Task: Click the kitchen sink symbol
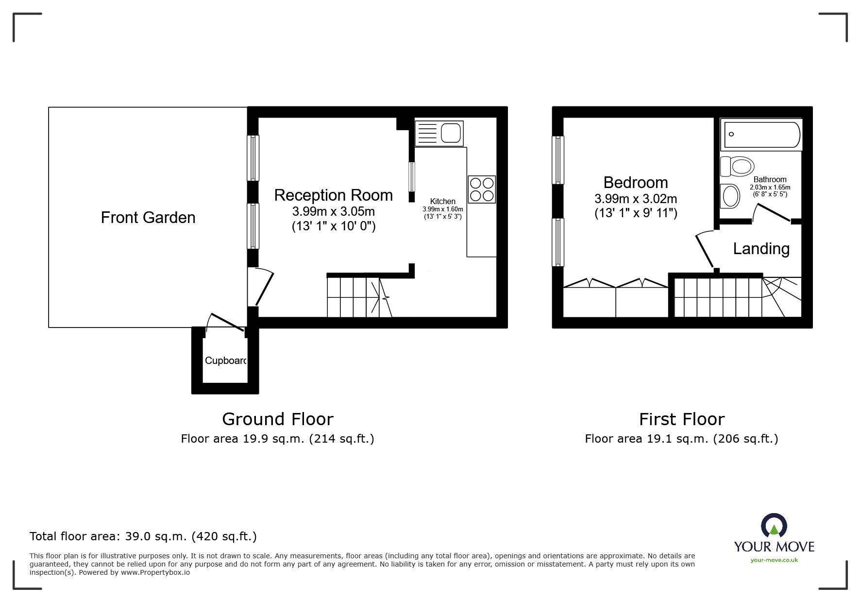(x=439, y=133)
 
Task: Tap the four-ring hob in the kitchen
(x=482, y=189)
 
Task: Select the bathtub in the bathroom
(x=761, y=135)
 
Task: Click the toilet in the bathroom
(x=737, y=167)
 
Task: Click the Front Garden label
(x=148, y=217)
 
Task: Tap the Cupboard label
(x=226, y=361)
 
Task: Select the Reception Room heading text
(x=333, y=195)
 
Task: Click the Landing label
(x=761, y=249)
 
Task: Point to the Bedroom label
(x=636, y=183)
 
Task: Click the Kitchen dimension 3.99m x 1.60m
(x=443, y=209)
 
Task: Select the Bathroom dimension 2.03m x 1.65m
(x=770, y=187)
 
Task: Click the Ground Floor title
(x=277, y=419)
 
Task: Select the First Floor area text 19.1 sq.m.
(x=681, y=439)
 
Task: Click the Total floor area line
(x=143, y=536)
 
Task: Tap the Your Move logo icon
(x=774, y=525)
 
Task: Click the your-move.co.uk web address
(x=774, y=560)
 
